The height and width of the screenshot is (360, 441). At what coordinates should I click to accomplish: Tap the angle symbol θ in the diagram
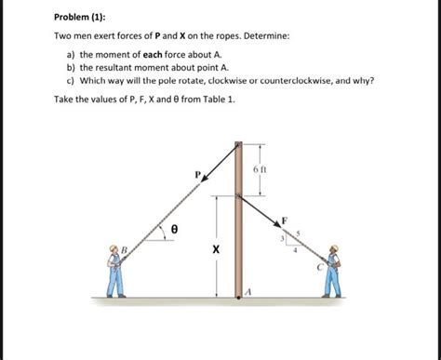[x=173, y=226]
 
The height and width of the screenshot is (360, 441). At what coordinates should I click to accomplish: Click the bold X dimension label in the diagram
[x=216, y=249]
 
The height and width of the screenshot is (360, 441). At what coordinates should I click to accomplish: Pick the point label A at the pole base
[x=248, y=291]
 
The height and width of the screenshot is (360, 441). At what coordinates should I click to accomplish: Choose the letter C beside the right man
[x=319, y=267]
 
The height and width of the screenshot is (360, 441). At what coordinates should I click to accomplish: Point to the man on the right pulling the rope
[x=333, y=271]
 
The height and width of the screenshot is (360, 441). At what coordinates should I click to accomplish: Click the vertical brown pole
[x=238, y=223]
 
